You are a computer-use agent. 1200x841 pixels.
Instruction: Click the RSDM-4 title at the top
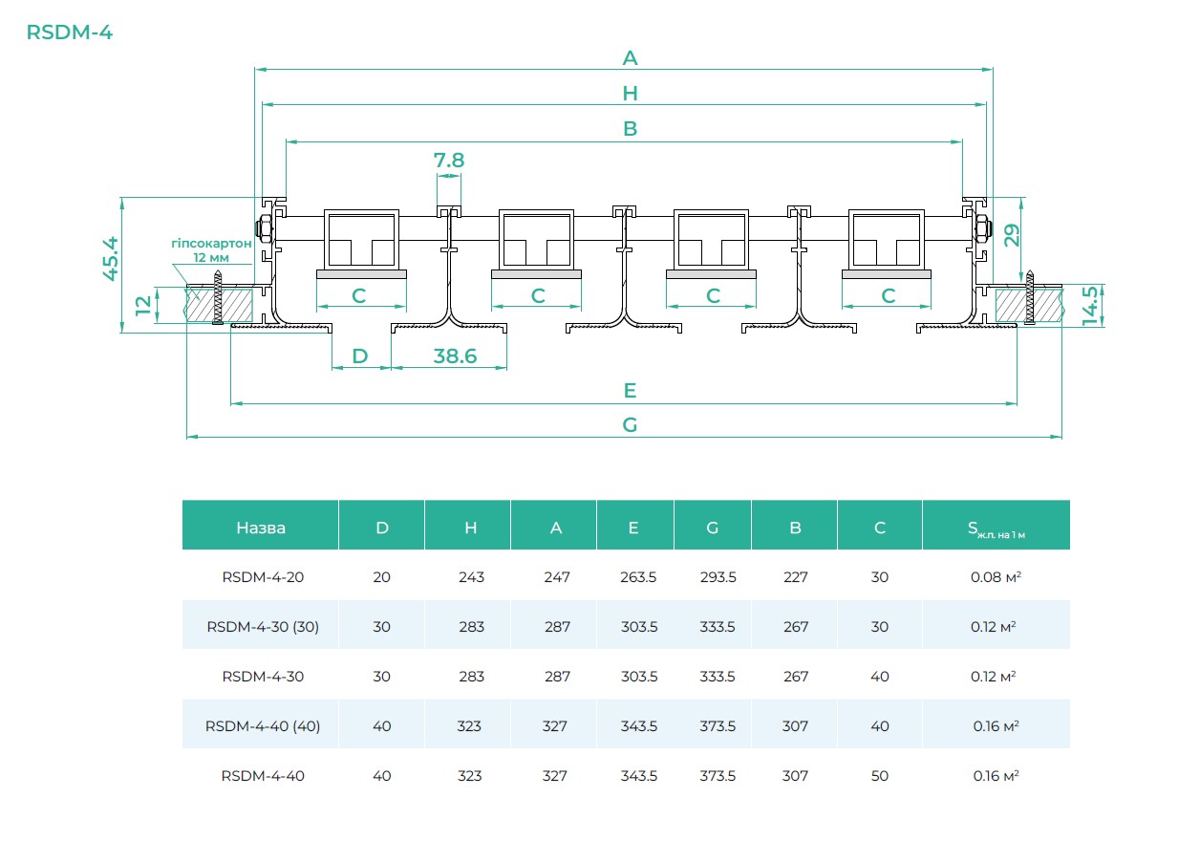70,32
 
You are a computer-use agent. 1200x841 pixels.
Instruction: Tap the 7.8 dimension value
449,161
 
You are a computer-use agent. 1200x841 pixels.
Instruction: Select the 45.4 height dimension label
112,258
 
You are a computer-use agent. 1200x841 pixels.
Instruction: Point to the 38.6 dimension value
455,356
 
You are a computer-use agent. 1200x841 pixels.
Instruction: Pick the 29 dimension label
1011,235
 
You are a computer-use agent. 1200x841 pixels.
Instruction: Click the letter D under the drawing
359,356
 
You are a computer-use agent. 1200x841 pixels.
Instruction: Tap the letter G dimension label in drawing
630,425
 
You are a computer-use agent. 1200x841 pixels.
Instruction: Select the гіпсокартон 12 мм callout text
211,250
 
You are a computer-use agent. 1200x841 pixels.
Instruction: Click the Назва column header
260,528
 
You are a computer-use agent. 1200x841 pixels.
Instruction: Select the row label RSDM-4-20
263,577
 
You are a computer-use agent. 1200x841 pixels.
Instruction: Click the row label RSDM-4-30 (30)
263,627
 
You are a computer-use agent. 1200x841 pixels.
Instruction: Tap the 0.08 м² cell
995,577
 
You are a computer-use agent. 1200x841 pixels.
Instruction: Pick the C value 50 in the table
879,776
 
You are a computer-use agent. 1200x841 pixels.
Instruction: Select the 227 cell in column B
795,577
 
